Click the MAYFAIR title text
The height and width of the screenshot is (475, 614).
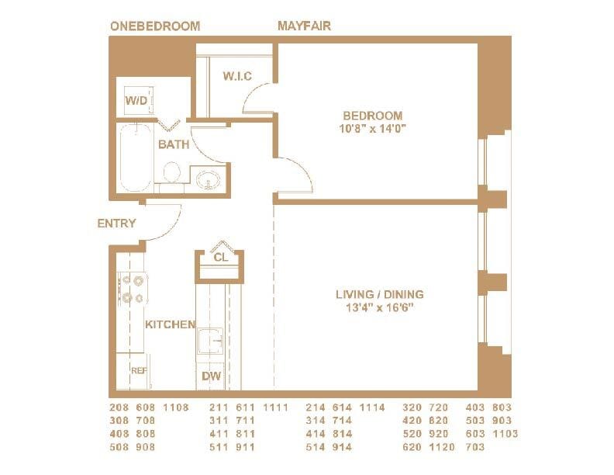click(304, 26)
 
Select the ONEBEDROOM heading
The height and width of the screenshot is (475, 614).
click(155, 26)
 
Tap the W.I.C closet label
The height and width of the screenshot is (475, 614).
click(236, 76)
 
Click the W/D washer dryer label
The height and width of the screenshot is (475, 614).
click(136, 101)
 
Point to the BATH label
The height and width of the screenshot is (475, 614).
click(174, 144)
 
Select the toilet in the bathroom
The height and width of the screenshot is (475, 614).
click(172, 173)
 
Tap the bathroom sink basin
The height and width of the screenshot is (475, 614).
click(208, 180)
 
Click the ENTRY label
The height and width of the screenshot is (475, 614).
click(116, 224)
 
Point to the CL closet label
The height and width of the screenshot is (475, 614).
click(220, 257)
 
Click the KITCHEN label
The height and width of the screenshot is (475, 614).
click(170, 324)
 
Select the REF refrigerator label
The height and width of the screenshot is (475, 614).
click(138, 371)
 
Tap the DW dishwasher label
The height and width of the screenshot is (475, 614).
click(212, 376)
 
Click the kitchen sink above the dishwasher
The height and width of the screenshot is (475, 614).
click(211, 341)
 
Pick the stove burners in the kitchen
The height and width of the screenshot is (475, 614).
click(131, 288)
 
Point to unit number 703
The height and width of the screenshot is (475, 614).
click(474, 447)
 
